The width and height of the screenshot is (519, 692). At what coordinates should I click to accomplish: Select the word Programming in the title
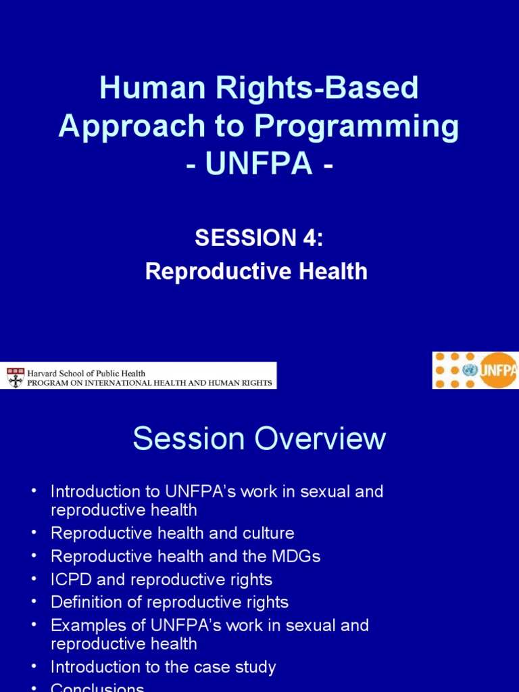[x=372, y=126]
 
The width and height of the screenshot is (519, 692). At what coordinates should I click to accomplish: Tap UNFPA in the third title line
[x=259, y=164]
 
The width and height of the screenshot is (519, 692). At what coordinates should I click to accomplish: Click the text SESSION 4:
[x=259, y=238]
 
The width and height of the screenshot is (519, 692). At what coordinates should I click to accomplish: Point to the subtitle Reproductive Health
[x=257, y=272]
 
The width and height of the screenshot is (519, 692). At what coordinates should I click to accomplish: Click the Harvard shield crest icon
[x=15, y=376]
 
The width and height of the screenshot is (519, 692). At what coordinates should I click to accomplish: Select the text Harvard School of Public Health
[x=86, y=372]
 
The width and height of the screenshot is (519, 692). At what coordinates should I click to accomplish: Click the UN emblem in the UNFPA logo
[x=470, y=370]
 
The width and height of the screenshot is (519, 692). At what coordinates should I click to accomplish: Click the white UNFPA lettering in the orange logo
[x=499, y=370]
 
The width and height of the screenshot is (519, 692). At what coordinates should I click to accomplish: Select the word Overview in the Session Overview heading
[x=320, y=439]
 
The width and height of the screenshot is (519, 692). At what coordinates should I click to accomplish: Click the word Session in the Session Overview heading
[x=190, y=439]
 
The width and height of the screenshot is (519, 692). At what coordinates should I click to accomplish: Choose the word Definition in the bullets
[x=85, y=602]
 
